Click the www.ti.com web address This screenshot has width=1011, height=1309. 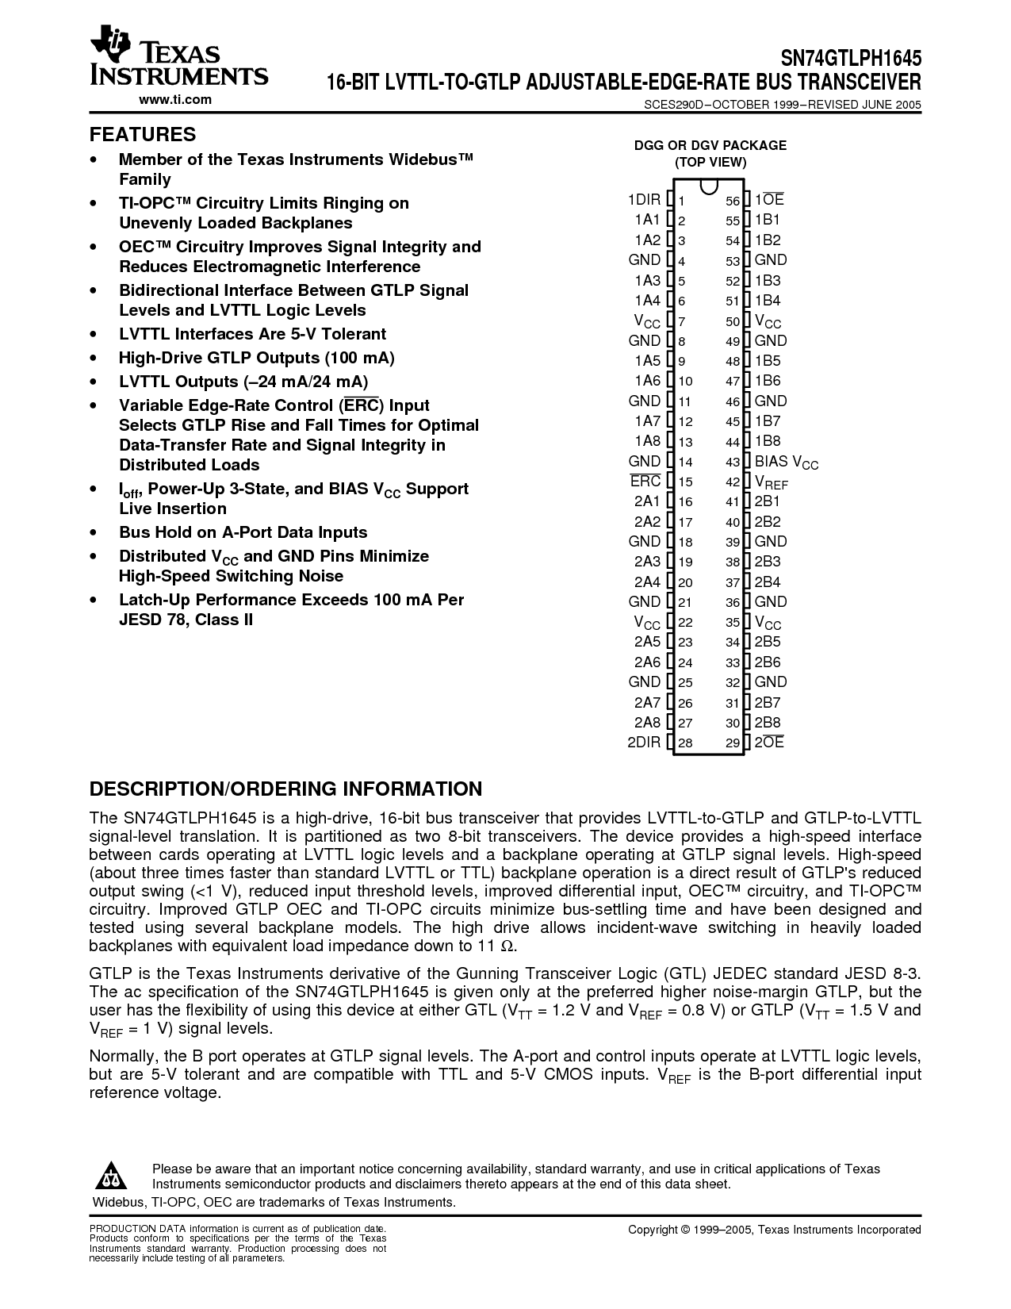click(175, 99)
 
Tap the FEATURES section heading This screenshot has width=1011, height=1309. click(143, 134)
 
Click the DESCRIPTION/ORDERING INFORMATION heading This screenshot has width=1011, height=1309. click(285, 789)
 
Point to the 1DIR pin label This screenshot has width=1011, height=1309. click(644, 200)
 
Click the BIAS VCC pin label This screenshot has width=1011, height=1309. click(786, 462)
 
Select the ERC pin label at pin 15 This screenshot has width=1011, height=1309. click(645, 481)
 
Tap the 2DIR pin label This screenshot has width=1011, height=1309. click(644, 743)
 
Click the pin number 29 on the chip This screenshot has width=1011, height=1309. click(732, 743)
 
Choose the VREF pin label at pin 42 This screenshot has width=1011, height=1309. click(771, 482)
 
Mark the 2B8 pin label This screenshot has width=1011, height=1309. click(768, 723)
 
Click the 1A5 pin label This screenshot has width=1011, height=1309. click(647, 361)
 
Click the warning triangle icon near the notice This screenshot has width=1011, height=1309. click(113, 1176)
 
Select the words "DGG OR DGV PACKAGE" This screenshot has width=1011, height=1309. click(710, 145)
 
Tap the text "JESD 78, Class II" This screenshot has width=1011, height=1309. click(186, 620)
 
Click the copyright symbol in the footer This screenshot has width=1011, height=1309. click(685, 1230)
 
